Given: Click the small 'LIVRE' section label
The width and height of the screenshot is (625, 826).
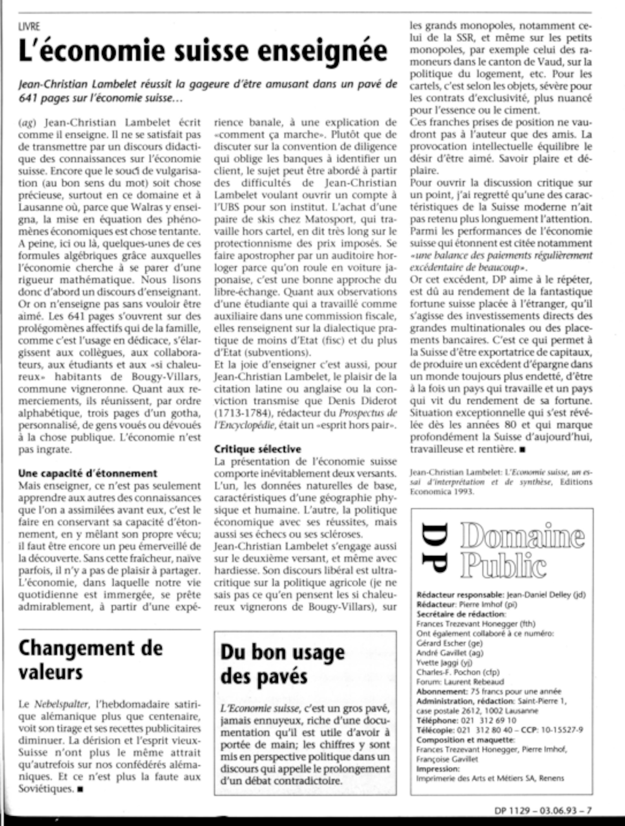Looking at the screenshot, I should pyautogui.click(x=29, y=27).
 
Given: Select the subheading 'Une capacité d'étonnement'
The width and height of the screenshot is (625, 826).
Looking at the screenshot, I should pyautogui.click(x=88, y=473).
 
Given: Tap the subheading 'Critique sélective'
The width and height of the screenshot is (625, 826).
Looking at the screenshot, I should pyautogui.click(x=257, y=449).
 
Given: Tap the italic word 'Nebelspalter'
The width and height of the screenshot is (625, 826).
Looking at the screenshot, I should pyautogui.click(x=62, y=704).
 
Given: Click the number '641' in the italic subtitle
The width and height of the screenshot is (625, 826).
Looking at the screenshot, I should pyautogui.click(x=28, y=98).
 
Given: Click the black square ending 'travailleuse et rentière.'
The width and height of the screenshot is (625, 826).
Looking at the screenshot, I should pyautogui.click(x=522, y=450).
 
